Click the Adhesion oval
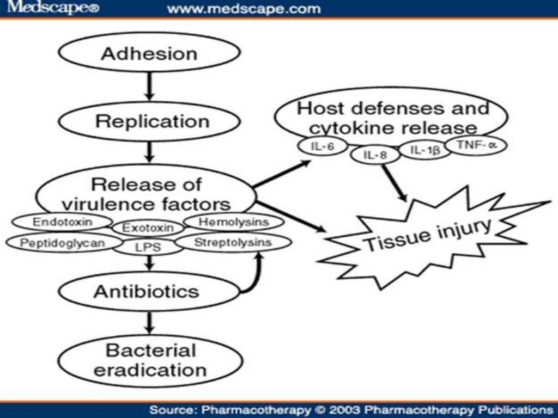point(149,53)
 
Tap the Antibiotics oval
point(146,292)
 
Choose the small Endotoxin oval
point(62,222)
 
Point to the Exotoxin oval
point(147,228)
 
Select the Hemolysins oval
point(233,222)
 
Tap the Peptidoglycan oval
point(62,243)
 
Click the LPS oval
point(148,248)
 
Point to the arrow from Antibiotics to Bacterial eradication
point(149,324)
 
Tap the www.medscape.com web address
point(243,9)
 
